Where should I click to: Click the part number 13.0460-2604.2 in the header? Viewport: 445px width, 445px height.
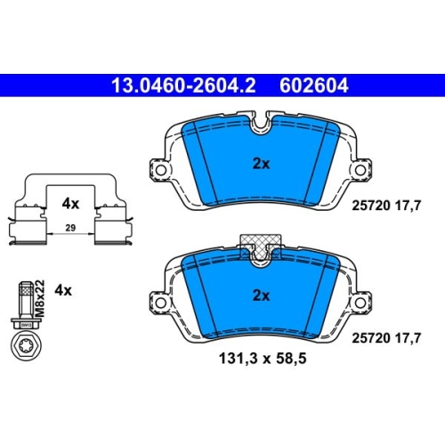[x=183, y=85]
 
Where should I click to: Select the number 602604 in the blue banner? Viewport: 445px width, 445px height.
[x=313, y=85]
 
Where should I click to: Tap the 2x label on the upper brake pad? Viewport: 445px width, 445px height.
[x=261, y=164]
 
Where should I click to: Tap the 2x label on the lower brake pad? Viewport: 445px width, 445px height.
[x=261, y=295]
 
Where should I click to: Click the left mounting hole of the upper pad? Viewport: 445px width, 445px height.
[x=161, y=170]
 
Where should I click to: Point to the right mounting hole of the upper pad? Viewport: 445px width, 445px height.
[x=360, y=170]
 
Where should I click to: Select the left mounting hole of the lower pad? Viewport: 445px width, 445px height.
[x=161, y=303]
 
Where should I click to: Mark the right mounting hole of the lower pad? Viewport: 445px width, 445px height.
[x=360, y=303]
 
